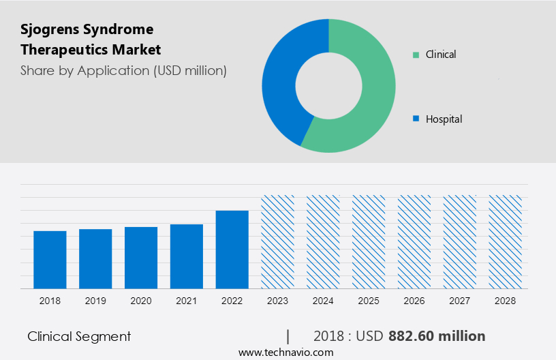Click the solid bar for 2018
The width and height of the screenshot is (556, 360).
[x=50, y=260]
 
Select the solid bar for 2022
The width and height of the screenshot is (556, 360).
[x=232, y=250]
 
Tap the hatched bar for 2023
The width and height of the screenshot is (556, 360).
[x=278, y=242]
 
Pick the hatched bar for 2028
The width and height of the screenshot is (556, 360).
[x=506, y=242]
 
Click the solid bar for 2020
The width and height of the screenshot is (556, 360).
[x=141, y=258]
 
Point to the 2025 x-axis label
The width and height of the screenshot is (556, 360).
[x=369, y=300]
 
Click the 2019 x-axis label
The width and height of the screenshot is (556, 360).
[x=95, y=300]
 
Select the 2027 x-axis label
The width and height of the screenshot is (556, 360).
[x=460, y=300]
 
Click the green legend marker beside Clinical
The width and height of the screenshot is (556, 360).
[x=416, y=54]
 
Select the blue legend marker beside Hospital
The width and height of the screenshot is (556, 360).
[x=416, y=119]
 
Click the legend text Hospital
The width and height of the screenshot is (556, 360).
[x=444, y=119]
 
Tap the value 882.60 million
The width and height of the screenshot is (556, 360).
[x=437, y=336]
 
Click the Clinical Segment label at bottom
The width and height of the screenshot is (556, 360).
[x=79, y=336]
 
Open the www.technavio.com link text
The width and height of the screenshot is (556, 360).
[x=285, y=352]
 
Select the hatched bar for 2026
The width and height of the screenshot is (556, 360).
[x=414, y=242]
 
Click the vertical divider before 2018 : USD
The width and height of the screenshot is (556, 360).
[x=288, y=336]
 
